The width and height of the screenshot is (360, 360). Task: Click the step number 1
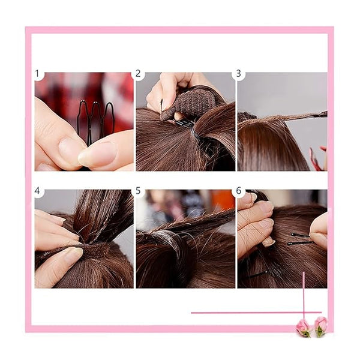(37, 74)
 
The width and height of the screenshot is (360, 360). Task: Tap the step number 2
(138, 74)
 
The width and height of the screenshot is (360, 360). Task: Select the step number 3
(239, 74)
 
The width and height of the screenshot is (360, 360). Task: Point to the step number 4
(37, 191)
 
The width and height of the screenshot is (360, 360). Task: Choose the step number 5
(138, 191)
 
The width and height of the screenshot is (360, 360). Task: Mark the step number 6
(239, 191)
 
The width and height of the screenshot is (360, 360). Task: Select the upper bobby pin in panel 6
(301, 235)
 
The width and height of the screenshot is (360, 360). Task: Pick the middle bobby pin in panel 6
(299, 243)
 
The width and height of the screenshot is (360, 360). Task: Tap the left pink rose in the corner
(303, 328)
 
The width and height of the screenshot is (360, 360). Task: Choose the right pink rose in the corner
(321, 326)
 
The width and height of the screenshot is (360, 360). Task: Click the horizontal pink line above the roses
(256, 313)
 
